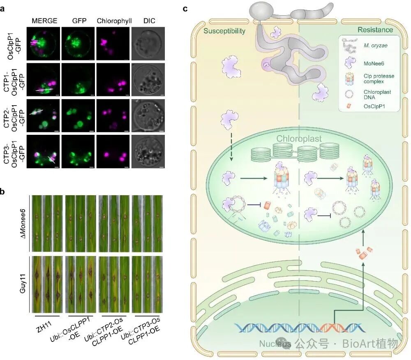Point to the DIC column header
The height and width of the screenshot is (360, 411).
pyautogui.click(x=148, y=21)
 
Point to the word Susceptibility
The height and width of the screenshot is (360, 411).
pyautogui.click(x=224, y=31)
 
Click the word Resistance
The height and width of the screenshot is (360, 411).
pyautogui.click(x=375, y=30)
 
